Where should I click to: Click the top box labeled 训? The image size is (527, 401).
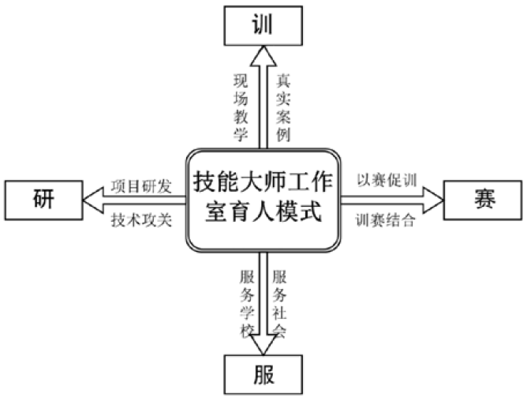[263, 25]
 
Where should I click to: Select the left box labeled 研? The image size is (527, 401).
[43, 200]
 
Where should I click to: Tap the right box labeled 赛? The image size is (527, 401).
[483, 200]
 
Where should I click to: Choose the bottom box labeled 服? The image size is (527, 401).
[263, 374]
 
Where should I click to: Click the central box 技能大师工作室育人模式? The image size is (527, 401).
[263, 200]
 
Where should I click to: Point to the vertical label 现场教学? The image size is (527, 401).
[241, 107]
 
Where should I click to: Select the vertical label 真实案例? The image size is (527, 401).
[283, 107]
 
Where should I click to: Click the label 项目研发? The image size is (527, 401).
[141, 187]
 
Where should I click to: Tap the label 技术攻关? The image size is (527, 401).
[141, 220]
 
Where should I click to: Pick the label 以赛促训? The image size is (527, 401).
[387, 180]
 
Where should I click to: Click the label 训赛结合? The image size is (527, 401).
[386, 220]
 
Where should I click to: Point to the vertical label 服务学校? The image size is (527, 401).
[247, 304]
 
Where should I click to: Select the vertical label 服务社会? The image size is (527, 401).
[279, 304]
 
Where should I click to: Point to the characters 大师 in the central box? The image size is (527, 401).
[263, 182]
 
